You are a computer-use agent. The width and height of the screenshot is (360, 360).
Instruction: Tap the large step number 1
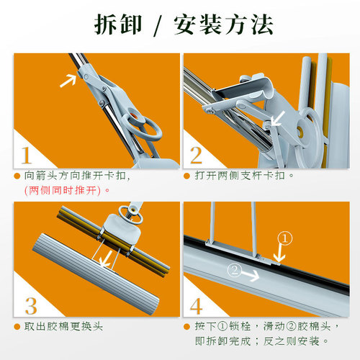click(x=27, y=154)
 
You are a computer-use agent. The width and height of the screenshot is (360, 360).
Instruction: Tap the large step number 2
click(x=196, y=154)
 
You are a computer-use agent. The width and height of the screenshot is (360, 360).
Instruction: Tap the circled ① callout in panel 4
click(x=286, y=237)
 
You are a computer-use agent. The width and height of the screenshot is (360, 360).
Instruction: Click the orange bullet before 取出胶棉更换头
click(x=17, y=326)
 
